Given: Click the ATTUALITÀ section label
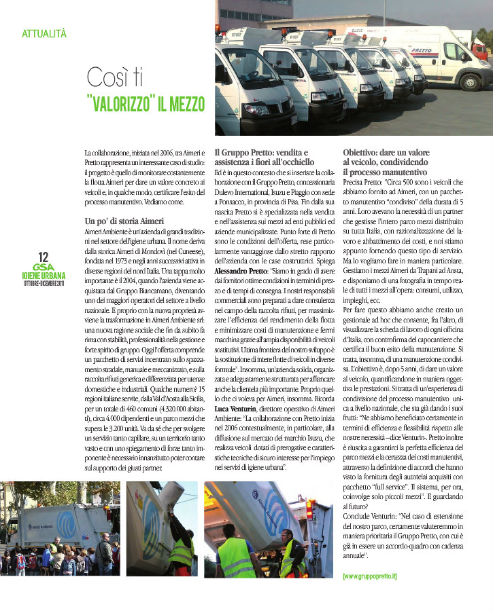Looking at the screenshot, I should coord(44,33).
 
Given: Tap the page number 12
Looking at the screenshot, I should coord(44,257).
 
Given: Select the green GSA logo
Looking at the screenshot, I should coord(43,267).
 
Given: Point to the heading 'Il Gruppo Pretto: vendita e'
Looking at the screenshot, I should coord(261,152).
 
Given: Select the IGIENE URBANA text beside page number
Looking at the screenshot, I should coord(44,276).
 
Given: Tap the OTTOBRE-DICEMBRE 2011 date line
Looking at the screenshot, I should coord(44,283).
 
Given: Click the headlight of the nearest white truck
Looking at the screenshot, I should coord(256,109).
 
